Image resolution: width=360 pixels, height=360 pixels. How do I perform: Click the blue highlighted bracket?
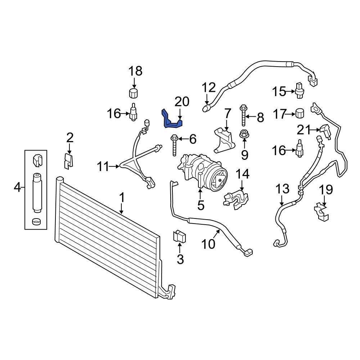click(171, 121)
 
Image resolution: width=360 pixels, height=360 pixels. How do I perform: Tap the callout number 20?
click(182, 102)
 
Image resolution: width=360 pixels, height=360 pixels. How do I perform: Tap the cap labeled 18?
click(134, 94)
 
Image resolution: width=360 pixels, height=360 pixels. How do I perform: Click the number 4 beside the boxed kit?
click(17, 187)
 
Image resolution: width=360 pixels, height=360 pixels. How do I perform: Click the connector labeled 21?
click(325, 131)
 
